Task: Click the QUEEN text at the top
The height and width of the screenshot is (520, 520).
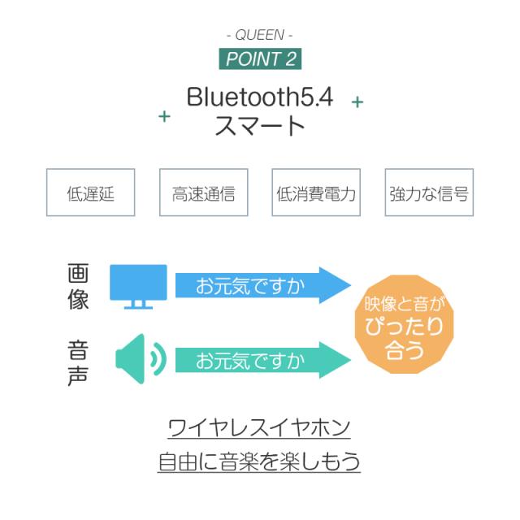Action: [260, 35]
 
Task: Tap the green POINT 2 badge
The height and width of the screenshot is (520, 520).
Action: [260, 58]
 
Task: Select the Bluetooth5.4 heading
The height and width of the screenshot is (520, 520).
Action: [260, 97]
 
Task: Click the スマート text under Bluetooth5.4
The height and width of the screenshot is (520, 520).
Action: [260, 125]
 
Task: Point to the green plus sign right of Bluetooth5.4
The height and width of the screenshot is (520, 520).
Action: [357, 102]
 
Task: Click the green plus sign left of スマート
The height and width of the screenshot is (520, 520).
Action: [164, 116]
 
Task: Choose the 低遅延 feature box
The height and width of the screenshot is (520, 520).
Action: [90, 193]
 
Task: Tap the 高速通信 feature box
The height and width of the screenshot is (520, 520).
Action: [204, 193]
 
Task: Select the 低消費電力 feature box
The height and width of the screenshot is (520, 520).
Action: [316, 193]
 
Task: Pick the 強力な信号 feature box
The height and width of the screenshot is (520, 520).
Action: [429, 193]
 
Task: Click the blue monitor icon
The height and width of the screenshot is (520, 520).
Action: [138, 287]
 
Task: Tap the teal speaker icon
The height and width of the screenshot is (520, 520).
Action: [141, 359]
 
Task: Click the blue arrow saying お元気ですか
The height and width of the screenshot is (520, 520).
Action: [263, 285]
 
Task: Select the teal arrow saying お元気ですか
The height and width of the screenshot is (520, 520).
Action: [263, 360]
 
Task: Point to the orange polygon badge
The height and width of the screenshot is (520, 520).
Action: [404, 324]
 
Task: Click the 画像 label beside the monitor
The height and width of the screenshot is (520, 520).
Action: [78, 287]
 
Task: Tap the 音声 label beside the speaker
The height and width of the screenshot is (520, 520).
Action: [78, 363]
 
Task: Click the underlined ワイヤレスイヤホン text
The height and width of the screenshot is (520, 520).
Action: [259, 428]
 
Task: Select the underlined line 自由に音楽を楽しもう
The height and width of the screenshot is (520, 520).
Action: [259, 461]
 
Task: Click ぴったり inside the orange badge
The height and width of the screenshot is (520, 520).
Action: [404, 326]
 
